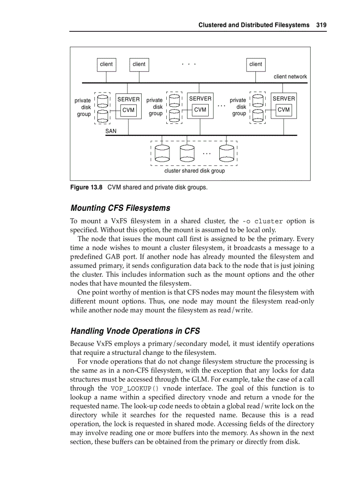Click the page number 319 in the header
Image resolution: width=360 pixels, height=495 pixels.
click(x=321, y=25)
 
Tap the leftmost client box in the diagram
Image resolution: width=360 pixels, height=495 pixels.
click(x=106, y=64)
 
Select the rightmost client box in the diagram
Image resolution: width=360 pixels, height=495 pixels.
click(x=255, y=64)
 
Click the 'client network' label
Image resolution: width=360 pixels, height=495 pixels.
click(x=290, y=77)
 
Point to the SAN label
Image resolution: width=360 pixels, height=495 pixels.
click(x=111, y=131)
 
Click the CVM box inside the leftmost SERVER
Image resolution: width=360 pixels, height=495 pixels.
click(x=128, y=110)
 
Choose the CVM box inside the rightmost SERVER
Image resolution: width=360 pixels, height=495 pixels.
click(x=284, y=110)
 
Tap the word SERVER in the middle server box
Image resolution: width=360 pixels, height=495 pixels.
click(x=200, y=99)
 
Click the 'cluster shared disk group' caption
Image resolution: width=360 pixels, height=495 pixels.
click(x=194, y=171)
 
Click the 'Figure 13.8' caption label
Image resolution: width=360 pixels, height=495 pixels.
click(x=86, y=187)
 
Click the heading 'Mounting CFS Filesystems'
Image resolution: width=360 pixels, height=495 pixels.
click(x=120, y=208)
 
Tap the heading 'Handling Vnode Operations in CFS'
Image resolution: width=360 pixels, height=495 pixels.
click(x=135, y=331)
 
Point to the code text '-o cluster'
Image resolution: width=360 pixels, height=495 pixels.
click(x=263, y=221)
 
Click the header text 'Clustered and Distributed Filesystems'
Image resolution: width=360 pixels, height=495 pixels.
click(x=254, y=25)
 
